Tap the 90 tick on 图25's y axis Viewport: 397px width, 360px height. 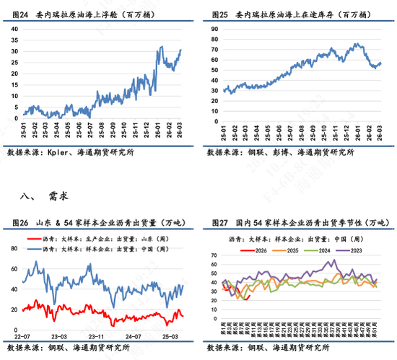point(214,26)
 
